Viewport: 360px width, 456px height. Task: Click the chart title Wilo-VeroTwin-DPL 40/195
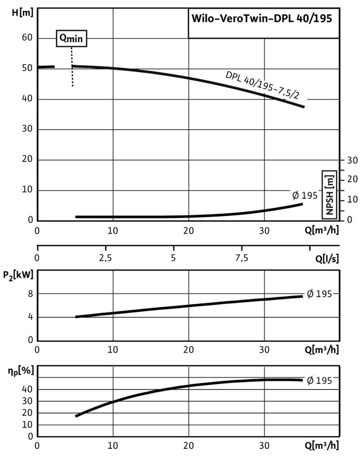click(x=262, y=19)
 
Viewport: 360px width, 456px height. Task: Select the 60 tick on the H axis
click(x=27, y=38)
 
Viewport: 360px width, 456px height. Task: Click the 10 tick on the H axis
click(x=27, y=190)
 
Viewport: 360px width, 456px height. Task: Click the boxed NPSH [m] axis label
click(x=330, y=194)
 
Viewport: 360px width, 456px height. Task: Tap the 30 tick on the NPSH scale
click(x=352, y=160)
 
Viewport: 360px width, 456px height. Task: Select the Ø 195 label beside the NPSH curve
click(x=304, y=195)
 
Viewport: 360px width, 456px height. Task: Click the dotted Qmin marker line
click(x=72, y=68)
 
